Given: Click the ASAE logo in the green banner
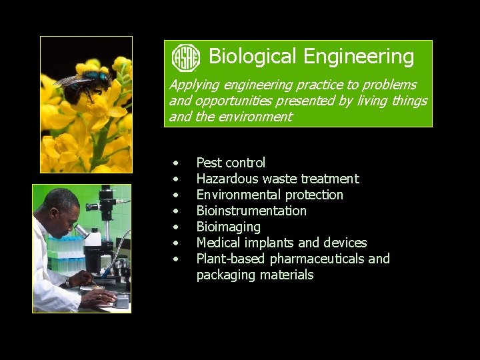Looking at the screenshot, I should pyautogui.click(x=186, y=58).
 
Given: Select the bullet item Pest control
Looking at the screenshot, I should pyautogui.click(x=231, y=163).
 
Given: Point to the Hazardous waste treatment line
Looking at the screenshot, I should pyautogui.click(x=277, y=179).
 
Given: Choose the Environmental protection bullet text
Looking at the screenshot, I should pyautogui.click(x=269, y=195).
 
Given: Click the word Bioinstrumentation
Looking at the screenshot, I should pyautogui.click(x=251, y=211).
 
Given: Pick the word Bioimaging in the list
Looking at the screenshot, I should pyautogui.click(x=228, y=227).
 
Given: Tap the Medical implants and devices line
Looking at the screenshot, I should pyautogui.click(x=281, y=243).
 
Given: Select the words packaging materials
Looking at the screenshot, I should pyautogui.click(x=255, y=275).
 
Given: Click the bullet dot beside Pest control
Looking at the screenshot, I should pyautogui.click(x=176, y=163).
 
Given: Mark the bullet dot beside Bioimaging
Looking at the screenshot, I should pyautogui.click(x=176, y=227).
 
